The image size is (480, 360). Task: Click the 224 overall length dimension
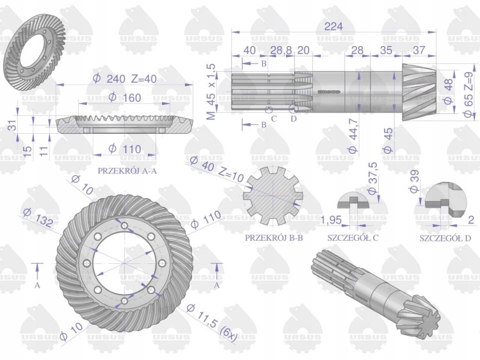click(x=333, y=26)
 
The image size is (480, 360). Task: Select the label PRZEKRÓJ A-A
click(x=127, y=170)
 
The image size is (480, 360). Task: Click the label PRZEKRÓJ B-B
click(x=274, y=238)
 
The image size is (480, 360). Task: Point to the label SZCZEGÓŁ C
click(x=353, y=238)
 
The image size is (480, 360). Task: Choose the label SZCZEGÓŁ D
click(x=445, y=238)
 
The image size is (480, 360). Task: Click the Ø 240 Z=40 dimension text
click(x=125, y=79)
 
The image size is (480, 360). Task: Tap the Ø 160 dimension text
click(x=125, y=98)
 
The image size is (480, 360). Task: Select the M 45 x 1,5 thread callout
click(x=211, y=92)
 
